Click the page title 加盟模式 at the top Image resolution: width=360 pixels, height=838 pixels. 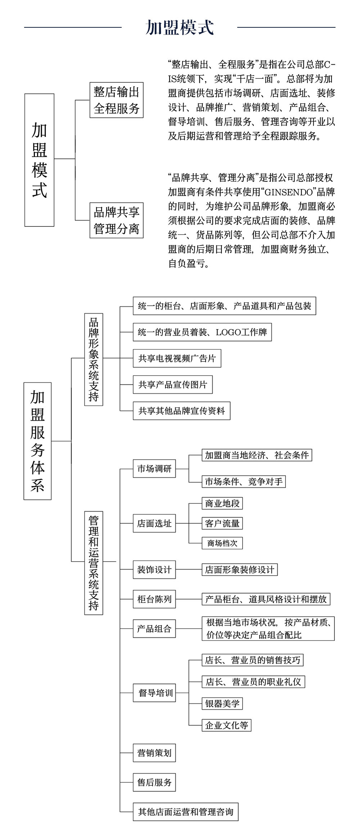pos(180,27)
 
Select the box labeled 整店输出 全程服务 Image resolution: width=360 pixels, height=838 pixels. pos(116,100)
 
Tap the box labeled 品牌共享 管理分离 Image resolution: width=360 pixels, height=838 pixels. pos(116,220)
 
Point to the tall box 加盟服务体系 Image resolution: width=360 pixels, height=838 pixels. pos(37,441)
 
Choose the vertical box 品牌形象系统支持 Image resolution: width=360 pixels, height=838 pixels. pos(94,359)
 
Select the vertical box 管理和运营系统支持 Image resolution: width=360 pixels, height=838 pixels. pos(94,563)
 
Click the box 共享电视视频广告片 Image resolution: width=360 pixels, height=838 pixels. pos(177,358)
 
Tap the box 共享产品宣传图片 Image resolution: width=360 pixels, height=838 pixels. pos(173,384)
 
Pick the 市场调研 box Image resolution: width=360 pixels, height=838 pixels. pos(154,469)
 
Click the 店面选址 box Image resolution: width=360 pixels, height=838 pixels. pos(154,523)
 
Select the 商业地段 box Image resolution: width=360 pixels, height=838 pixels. pos(222,503)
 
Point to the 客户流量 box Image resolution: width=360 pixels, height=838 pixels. pos(222,523)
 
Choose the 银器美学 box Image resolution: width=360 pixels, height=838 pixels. pos(222,703)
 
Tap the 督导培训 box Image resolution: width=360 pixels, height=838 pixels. pos(154,693)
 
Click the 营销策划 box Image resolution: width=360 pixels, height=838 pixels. pos(154,753)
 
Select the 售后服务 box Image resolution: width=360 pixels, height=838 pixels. pos(154,782)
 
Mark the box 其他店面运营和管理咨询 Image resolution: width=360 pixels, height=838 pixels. pos(185,812)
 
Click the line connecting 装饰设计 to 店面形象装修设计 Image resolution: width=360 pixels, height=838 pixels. pos(189,569)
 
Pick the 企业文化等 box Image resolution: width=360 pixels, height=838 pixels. pos(226,725)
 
